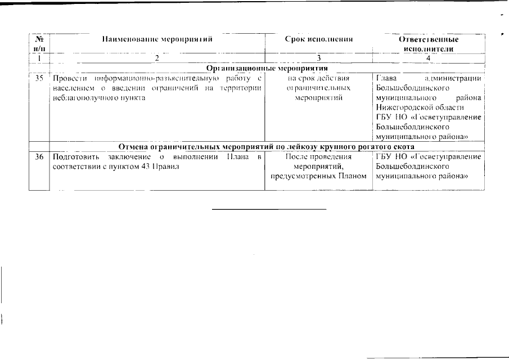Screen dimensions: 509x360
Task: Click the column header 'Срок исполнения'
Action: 318,39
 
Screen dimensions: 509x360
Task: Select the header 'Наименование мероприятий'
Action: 157,39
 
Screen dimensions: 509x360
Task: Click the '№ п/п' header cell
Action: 39,44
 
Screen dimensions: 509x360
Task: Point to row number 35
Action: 39,78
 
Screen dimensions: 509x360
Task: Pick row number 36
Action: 39,156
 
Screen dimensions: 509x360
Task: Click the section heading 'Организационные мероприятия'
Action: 267,68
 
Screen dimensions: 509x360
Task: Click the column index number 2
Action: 157,58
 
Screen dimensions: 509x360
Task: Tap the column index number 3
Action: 318,58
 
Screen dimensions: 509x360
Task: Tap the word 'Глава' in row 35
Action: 386,78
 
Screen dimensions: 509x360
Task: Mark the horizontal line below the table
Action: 269,209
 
